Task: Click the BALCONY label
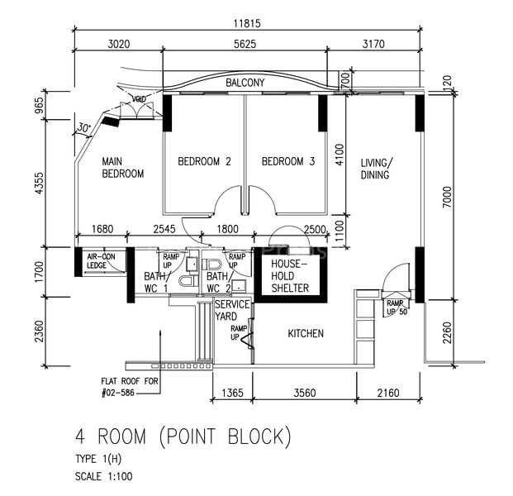(245, 83)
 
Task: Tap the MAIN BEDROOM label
(123, 168)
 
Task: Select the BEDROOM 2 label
(204, 162)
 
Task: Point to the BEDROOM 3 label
(288, 162)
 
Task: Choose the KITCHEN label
(306, 334)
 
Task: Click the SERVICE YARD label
(232, 310)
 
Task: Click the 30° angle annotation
(83, 128)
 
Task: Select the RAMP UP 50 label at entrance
(397, 308)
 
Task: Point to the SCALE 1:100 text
(103, 476)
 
